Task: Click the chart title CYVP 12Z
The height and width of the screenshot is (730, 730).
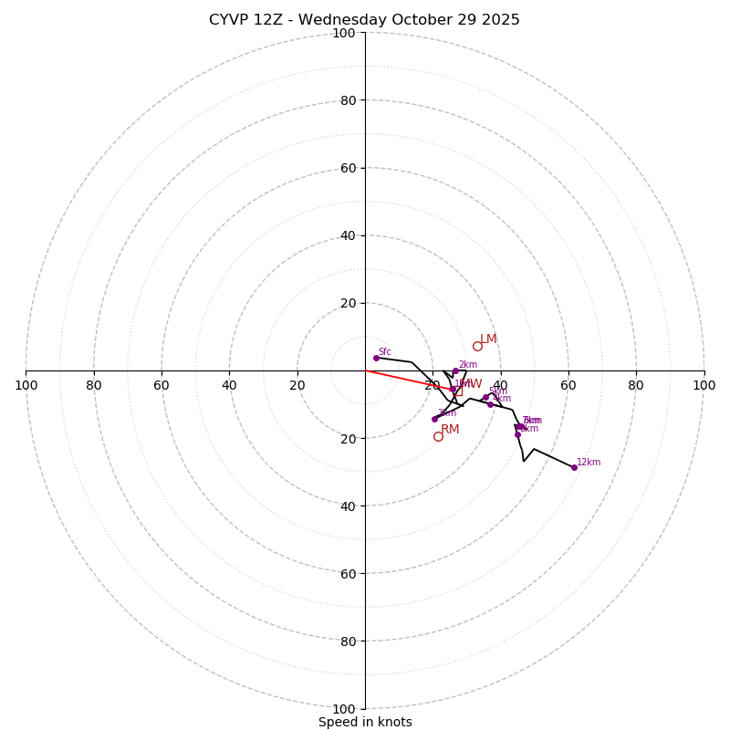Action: point(364,20)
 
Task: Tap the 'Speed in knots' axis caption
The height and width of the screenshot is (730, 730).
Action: point(365,722)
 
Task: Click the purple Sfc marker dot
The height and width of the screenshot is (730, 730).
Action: point(376,358)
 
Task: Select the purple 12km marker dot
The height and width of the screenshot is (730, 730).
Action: point(574,467)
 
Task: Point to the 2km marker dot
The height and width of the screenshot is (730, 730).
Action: point(455,371)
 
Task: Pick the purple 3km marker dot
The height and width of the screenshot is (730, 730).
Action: point(434,419)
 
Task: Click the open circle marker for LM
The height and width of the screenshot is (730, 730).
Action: point(477,346)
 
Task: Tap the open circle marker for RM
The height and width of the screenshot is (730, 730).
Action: point(438,436)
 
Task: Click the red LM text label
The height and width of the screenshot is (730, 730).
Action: point(489,339)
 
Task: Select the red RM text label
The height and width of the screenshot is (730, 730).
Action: point(450,430)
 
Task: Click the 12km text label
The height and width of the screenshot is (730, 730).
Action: point(589,462)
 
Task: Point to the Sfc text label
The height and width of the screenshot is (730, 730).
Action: point(385,352)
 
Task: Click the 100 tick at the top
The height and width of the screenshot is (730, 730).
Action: point(344,33)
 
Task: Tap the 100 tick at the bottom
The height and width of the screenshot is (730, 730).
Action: point(344,708)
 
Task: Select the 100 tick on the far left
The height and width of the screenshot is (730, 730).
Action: point(26,385)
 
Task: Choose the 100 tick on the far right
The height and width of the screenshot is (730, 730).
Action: point(704,385)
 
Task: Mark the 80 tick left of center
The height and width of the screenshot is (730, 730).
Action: point(94,385)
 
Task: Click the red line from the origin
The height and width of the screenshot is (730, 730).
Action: point(401,378)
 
